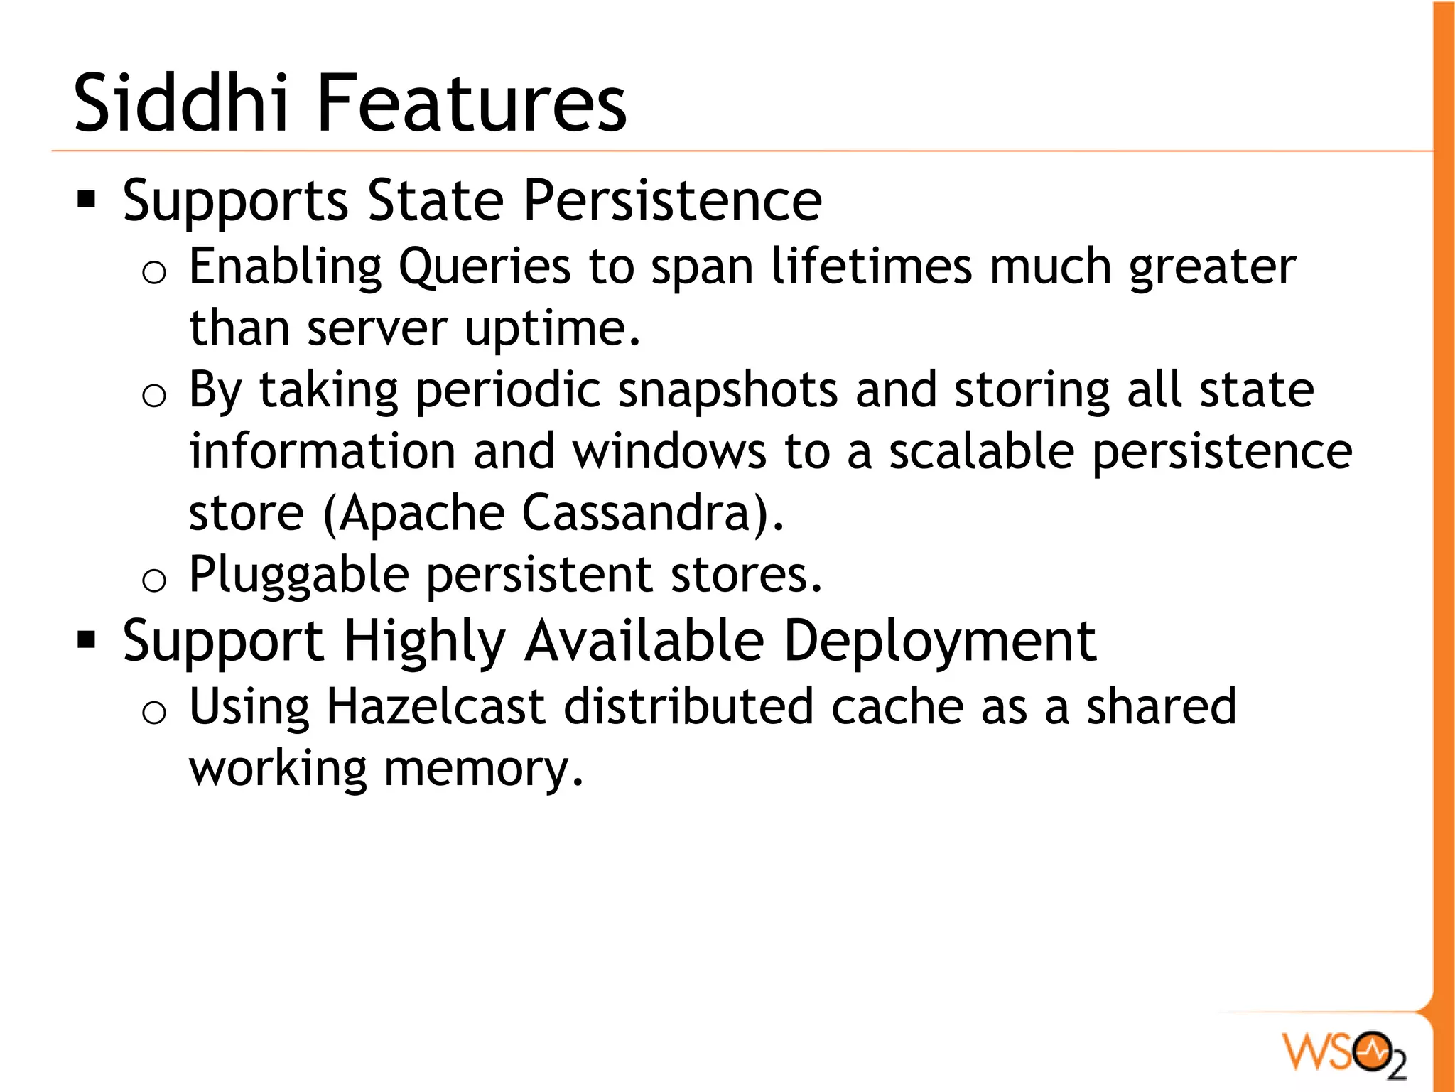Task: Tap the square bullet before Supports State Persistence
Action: coord(87,200)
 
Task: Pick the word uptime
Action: coord(552,330)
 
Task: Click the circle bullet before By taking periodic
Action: coord(154,395)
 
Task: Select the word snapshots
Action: coord(727,391)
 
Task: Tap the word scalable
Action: coord(981,452)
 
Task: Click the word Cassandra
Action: coord(637,513)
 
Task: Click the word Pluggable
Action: coord(299,575)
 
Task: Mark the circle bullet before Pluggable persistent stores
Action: coord(154,580)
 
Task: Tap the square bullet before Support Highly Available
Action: coord(87,640)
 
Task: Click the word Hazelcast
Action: coord(436,707)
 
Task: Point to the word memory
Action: coord(483,769)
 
